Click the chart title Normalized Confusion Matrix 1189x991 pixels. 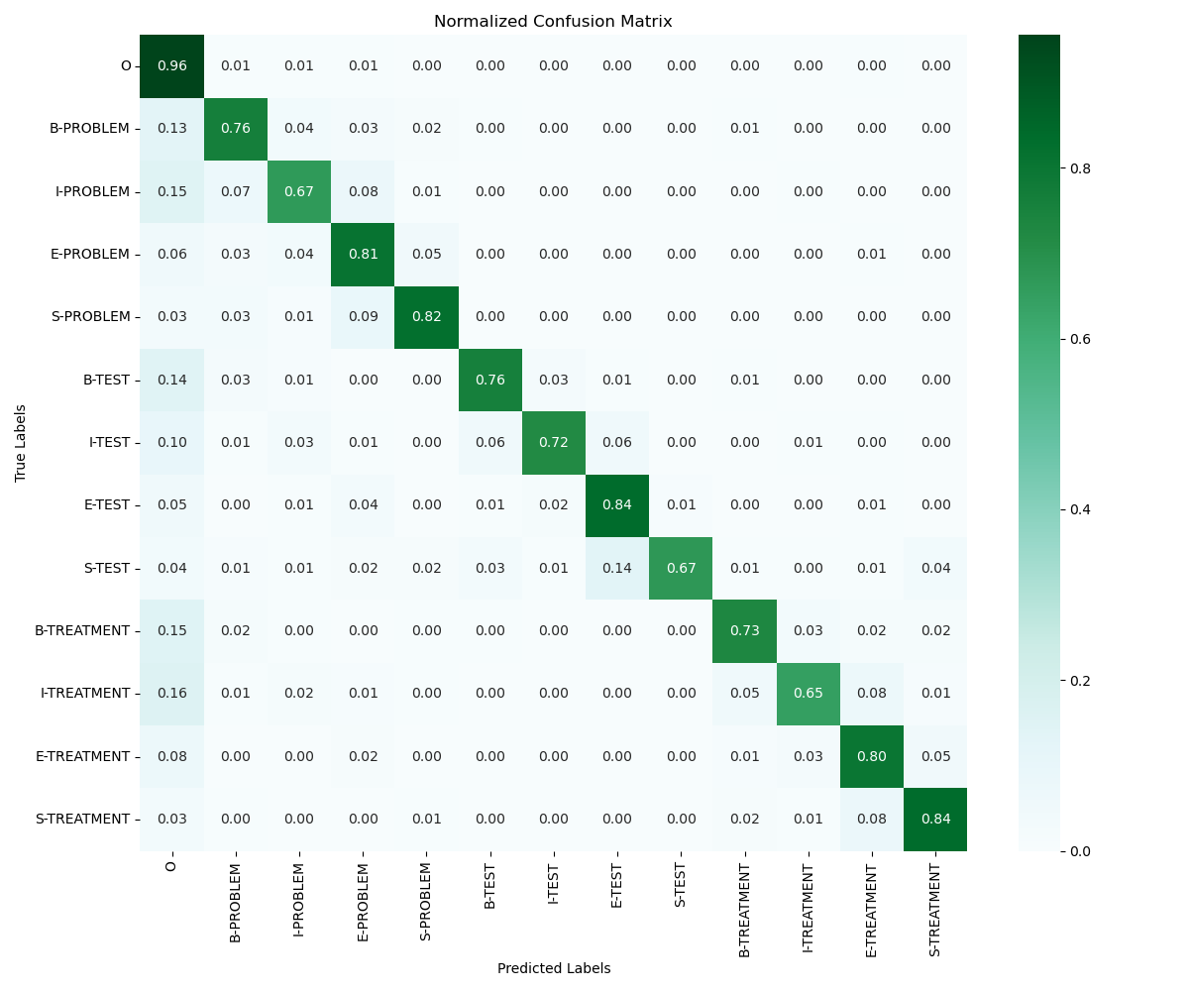tap(553, 22)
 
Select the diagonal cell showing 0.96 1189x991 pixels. tap(171, 66)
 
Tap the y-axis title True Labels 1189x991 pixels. tap(21, 443)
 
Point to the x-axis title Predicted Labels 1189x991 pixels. tap(553, 968)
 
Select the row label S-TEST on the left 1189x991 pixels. tap(106, 568)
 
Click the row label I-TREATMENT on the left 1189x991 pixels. tap(85, 694)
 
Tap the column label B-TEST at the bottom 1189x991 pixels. tap(490, 902)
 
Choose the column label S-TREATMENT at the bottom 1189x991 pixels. tap(935, 909)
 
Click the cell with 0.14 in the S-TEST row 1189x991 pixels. tap(617, 568)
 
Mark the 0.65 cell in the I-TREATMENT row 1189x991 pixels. tap(808, 694)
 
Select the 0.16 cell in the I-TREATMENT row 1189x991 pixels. tap(171, 694)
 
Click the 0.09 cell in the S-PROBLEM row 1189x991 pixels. tap(363, 317)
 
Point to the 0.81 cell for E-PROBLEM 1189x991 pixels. tap(363, 255)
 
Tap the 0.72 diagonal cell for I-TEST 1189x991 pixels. tap(554, 443)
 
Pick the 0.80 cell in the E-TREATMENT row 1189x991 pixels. tap(872, 756)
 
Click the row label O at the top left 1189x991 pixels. tap(126, 66)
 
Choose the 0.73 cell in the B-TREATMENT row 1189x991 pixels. tap(744, 631)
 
